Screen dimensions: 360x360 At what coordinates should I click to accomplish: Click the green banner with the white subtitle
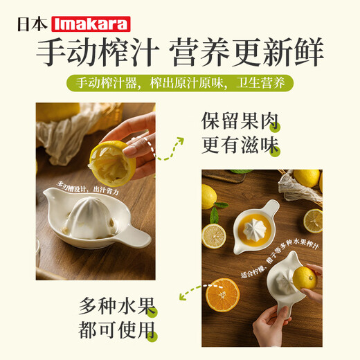[180, 84]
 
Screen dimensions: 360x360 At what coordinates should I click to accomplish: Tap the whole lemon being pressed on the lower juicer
[304, 278]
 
